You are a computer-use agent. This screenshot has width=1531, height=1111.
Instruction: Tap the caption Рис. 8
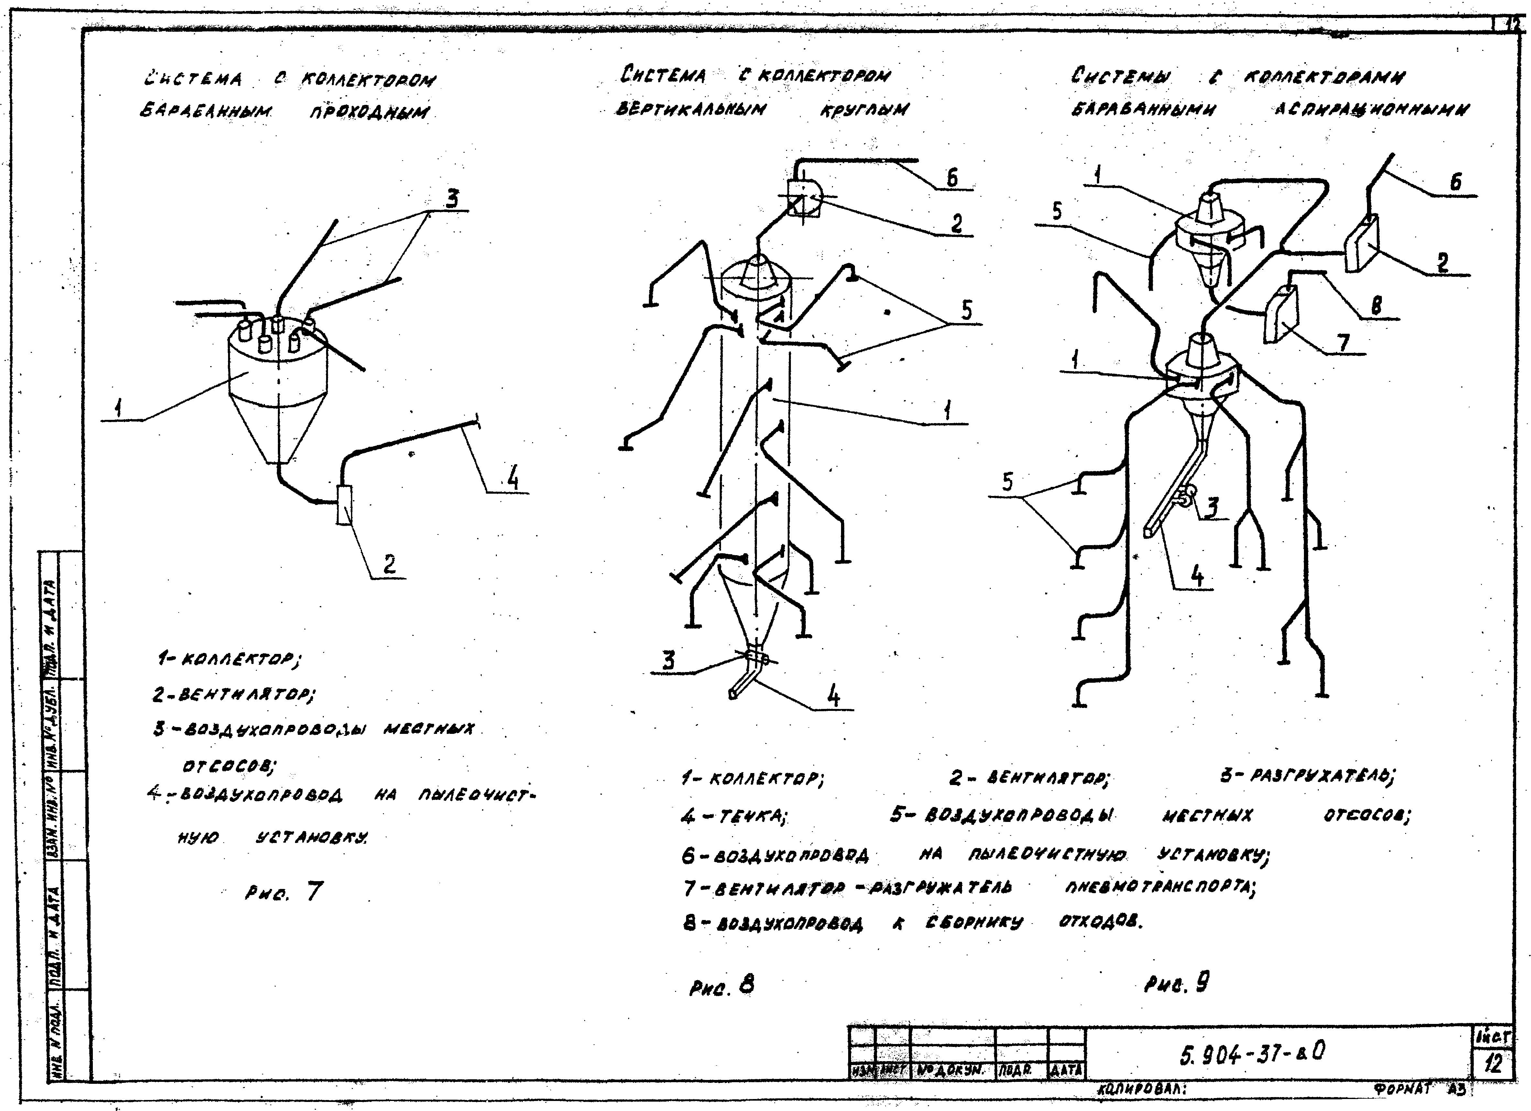point(721,987)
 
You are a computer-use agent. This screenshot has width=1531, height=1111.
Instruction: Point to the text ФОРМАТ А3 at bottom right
point(1421,1089)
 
